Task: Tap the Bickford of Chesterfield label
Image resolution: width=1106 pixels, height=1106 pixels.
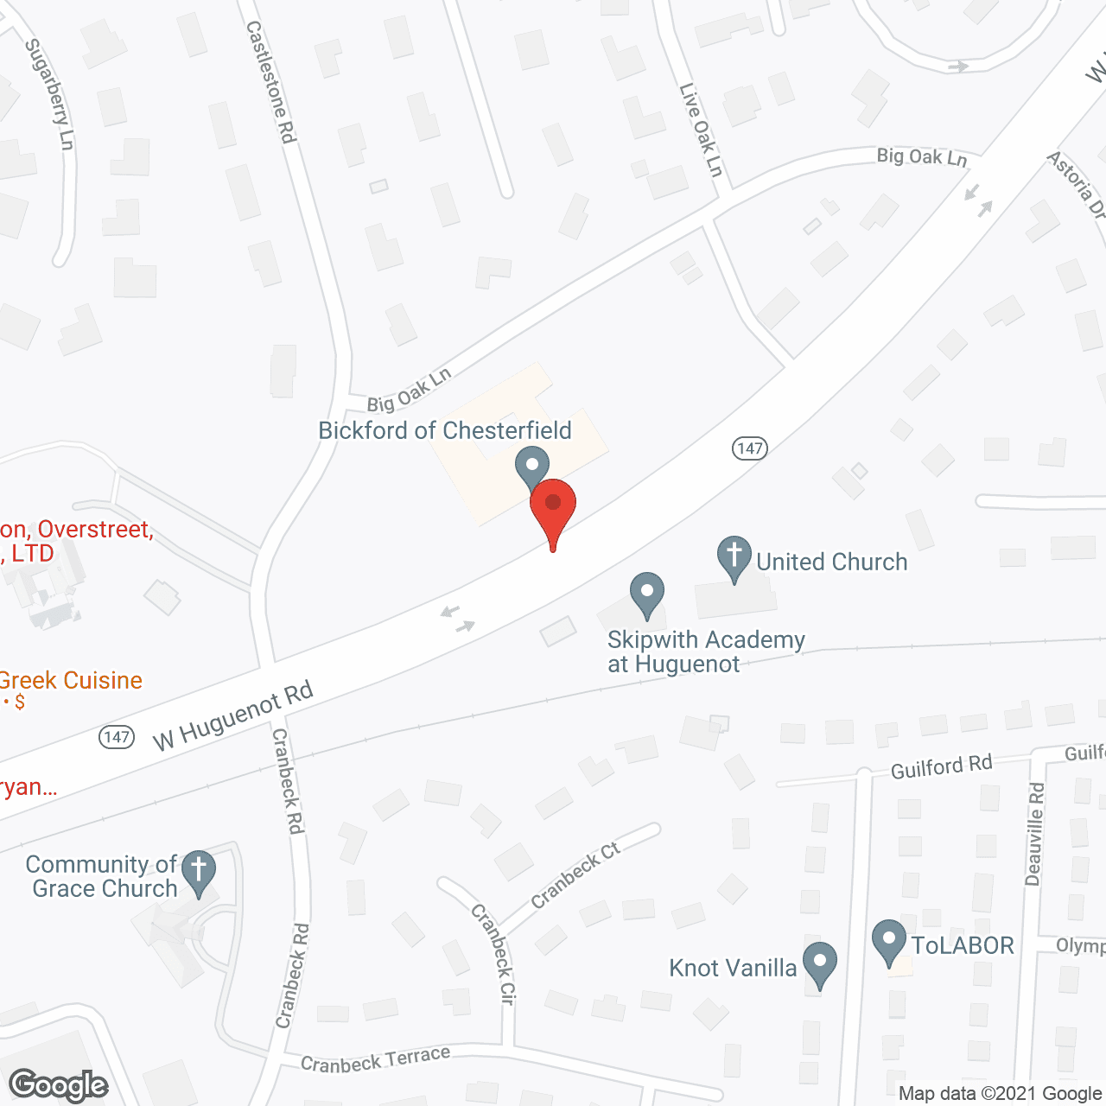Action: point(445,430)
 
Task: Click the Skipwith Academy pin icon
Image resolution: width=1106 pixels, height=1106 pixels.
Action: point(646,594)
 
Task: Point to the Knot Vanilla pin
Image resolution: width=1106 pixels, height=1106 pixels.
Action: point(819,963)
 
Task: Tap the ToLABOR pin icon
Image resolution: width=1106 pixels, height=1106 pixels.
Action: point(889,942)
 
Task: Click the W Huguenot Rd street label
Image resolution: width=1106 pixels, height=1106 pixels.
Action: point(232,716)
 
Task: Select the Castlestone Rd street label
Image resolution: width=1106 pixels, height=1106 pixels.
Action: point(271,82)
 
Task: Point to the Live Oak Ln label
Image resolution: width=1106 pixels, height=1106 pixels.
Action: point(701,130)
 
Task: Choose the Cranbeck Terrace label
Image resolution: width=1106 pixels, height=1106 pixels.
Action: point(376,1059)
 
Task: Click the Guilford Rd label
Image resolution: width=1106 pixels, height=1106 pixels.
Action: point(941,766)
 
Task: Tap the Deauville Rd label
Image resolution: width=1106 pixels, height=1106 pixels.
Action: point(1035,834)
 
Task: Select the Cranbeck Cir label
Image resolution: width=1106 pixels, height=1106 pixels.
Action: point(493,954)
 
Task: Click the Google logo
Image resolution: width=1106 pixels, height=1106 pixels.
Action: point(59,1085)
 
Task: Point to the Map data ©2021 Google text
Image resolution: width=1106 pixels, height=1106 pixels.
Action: point(1001,1094)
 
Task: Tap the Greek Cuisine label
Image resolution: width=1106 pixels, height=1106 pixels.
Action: point(71,681)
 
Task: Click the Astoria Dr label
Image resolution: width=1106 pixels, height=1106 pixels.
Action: point(1077,185)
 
